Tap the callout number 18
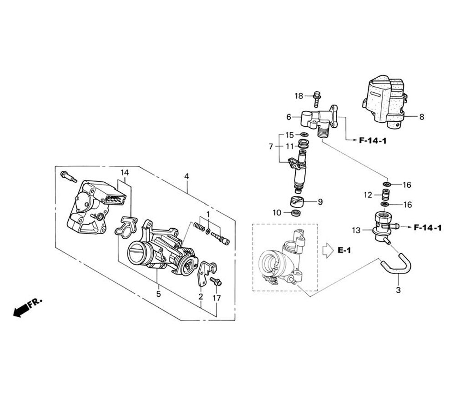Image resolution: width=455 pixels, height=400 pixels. point(299,95)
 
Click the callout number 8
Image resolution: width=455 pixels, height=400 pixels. point(422,117)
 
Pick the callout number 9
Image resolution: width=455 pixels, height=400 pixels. point(320,202)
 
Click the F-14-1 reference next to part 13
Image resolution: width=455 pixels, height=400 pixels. point(427,228)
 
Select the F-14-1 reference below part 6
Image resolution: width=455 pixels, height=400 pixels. point(373,141)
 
